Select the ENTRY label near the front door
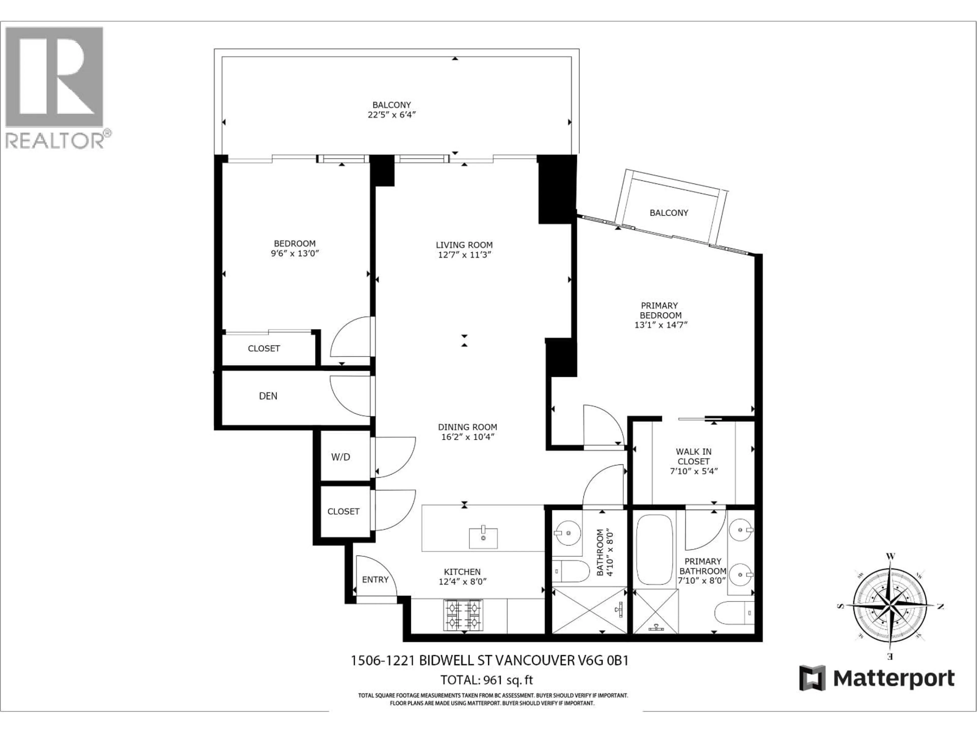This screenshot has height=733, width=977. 375,580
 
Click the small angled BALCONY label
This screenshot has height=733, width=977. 669,213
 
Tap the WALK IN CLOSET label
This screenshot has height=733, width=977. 693,456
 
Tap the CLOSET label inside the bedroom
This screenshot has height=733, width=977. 264,349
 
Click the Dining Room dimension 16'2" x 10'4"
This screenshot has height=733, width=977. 467,437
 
